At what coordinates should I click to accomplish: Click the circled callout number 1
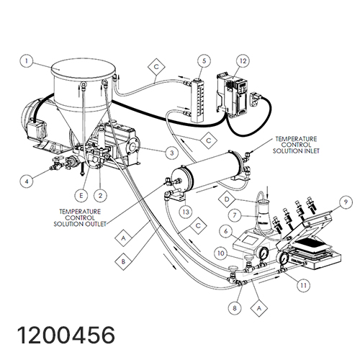point(27,61)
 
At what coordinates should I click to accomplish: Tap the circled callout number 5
point(204,61)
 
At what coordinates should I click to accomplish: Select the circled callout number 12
point(243,61)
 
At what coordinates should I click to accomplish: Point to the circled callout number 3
point(172,153)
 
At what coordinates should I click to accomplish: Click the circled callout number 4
point(27,181)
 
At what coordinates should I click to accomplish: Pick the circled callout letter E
point(81,196)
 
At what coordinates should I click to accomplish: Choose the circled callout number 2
point(100,196)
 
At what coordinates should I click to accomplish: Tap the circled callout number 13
point(186,212)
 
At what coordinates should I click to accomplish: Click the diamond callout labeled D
point(227,199)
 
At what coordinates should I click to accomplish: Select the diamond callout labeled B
point(123,261)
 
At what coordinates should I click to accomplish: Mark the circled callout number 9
point(346,202)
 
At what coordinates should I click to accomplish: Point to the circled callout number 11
point(304,285)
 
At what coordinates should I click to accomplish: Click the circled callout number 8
point(235,308)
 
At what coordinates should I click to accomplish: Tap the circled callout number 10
point(221,253)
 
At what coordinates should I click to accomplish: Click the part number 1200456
point(66,336)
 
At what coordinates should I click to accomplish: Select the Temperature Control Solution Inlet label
point(296,145)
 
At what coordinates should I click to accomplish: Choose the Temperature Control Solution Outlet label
point(80,218)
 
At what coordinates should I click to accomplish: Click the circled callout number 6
point(226,231)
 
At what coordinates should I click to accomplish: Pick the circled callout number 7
point(235,215)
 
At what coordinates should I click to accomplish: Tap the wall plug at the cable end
point(256,99)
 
